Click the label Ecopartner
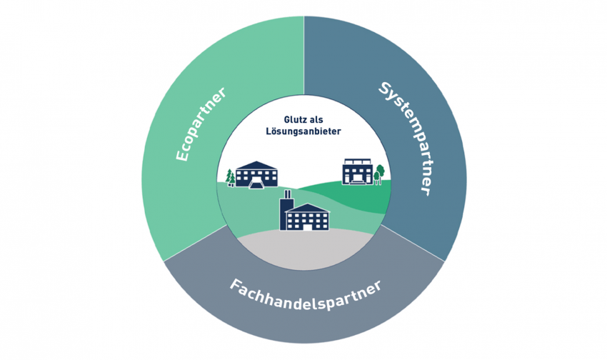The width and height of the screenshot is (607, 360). [200, 124]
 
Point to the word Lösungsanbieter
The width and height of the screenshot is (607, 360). [303, 131]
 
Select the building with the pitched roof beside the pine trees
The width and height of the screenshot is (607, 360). [256, 175]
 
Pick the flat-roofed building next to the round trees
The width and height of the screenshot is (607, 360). [358, 171]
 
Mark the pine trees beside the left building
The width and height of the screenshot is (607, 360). [231, 178]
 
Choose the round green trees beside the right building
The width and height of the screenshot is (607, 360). [379, 174]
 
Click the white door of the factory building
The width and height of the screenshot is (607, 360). [306, 227]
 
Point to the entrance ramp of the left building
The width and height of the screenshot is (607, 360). [256, 184]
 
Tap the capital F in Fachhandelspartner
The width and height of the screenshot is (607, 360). [235, 286]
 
